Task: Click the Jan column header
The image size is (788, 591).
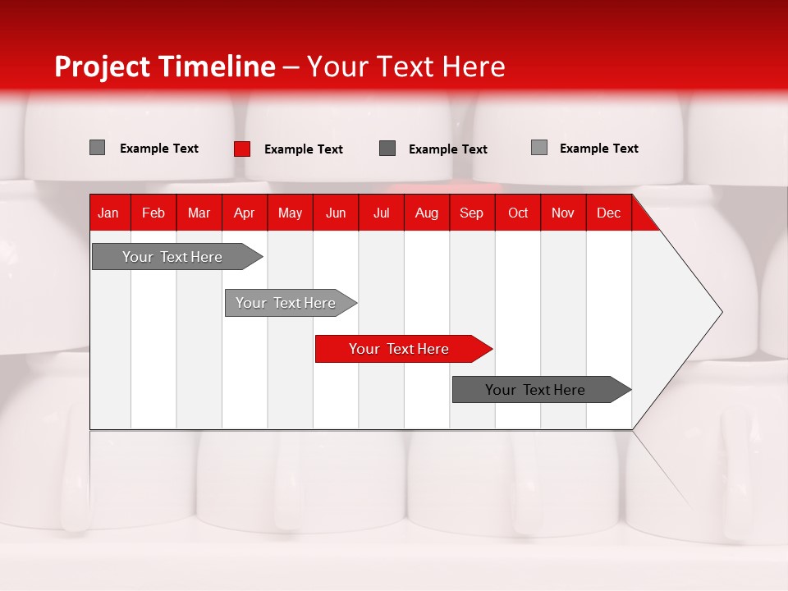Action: pos(108,213)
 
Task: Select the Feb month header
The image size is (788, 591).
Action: pos(153,213)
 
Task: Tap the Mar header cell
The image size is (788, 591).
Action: pos(199,213)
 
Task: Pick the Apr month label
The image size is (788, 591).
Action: pos(245,213)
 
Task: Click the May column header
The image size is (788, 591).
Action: pos(290,213)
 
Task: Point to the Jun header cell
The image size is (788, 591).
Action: pos(336,213)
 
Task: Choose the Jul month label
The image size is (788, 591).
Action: pos(381,213)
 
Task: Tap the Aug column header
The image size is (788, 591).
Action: pos(427,213)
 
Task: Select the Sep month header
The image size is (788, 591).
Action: pos(472,213)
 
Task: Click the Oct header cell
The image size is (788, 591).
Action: pos(518,213)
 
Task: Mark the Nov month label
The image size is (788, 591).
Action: pos(563,213)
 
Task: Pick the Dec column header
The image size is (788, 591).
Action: pos(608,213)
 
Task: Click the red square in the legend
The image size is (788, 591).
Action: pos(242,149)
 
